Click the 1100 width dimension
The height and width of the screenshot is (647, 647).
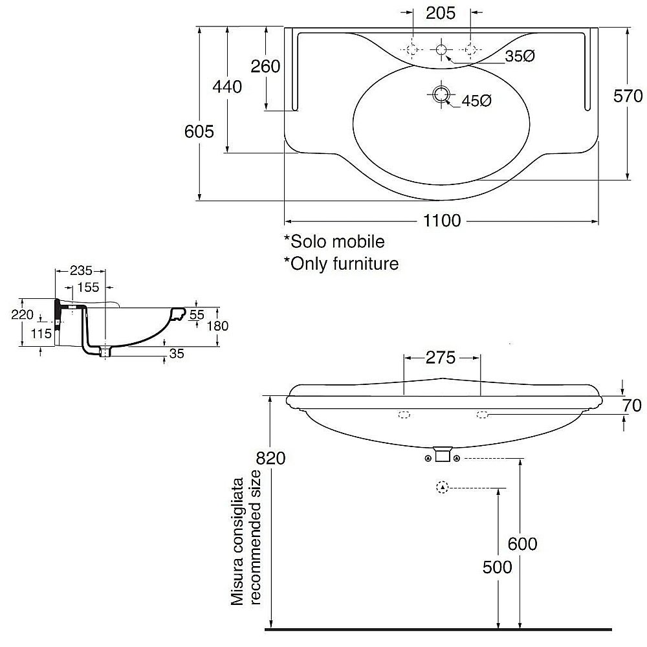pyautogui.click(x=443, y=221)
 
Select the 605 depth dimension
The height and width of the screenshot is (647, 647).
pyautogui.click(x=199, y=132)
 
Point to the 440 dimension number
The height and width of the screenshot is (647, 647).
pyautogui.click(x=228, y=87)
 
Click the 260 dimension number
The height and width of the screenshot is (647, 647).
pyautogui.click(x=266, y=66)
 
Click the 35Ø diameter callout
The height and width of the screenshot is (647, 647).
pyautogui.click(x=520, y=56)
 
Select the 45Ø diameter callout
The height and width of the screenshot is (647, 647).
pyautogui.click(x=477, y=100)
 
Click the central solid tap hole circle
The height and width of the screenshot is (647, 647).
pyautogui.click(x=442, y=49)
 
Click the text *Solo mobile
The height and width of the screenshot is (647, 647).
pyautogui.click(x=334, y=241)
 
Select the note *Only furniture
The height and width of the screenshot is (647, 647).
pyautogui.click(x=341, y=263)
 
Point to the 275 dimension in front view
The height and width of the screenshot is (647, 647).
pyautogui.click(x=442, y=357)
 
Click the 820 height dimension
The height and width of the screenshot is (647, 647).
pyautogui.click(x=271, y=458)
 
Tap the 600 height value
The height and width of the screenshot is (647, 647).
pyautogui.click(x=522, y=544)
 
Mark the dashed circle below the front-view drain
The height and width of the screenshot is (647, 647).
pyautogui.click(x=442, y=487)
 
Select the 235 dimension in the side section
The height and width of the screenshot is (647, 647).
pyautogui.click(x=82, y=270)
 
